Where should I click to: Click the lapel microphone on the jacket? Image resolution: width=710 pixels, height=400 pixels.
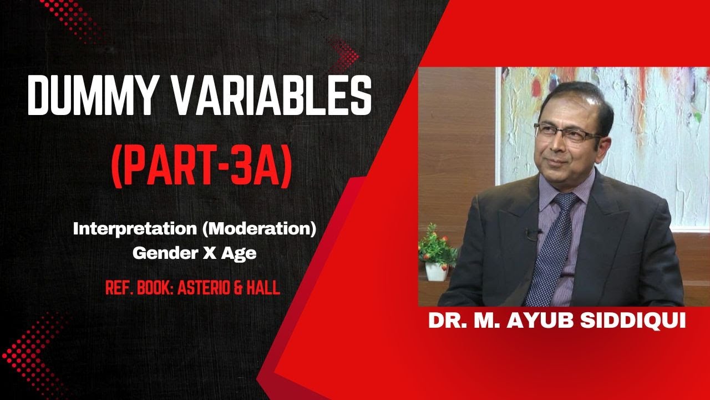click(x=533, y=234)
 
